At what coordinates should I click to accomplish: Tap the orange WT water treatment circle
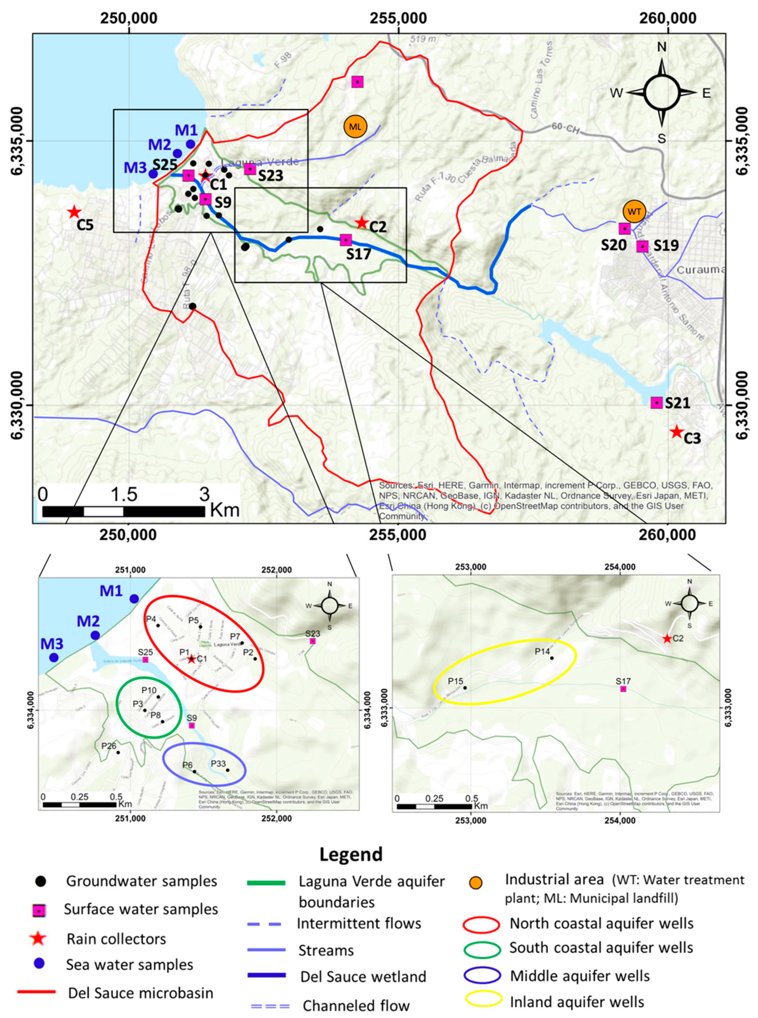[x=634, y=211]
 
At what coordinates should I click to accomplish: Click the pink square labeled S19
[x=642, y=246]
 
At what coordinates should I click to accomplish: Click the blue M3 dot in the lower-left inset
[x=54, y=658]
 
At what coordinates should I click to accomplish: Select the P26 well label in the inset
[x=109, y=746]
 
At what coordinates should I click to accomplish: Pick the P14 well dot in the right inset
[x=552, y=658]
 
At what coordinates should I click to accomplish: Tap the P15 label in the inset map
[x=456, y=681]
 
